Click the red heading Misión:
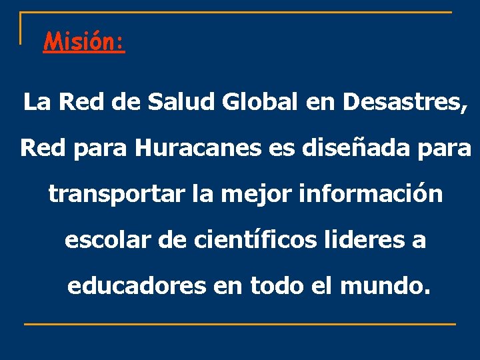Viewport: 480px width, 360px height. click(84, 43)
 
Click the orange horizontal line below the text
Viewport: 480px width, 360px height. click(240, 324)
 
